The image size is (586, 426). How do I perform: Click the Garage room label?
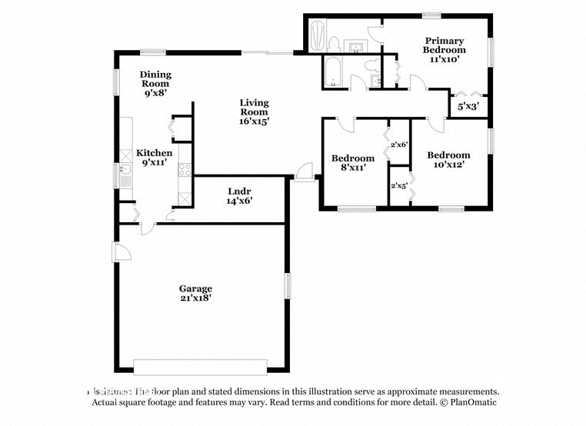196,288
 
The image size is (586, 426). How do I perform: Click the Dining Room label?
155,79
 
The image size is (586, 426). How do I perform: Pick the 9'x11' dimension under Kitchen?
155,162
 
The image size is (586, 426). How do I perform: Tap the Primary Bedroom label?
444,45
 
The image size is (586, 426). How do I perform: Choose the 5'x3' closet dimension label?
468,107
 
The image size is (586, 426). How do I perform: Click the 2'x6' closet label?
398,144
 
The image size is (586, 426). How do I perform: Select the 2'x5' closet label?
398,185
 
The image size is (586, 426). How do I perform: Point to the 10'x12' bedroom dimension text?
448,164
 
